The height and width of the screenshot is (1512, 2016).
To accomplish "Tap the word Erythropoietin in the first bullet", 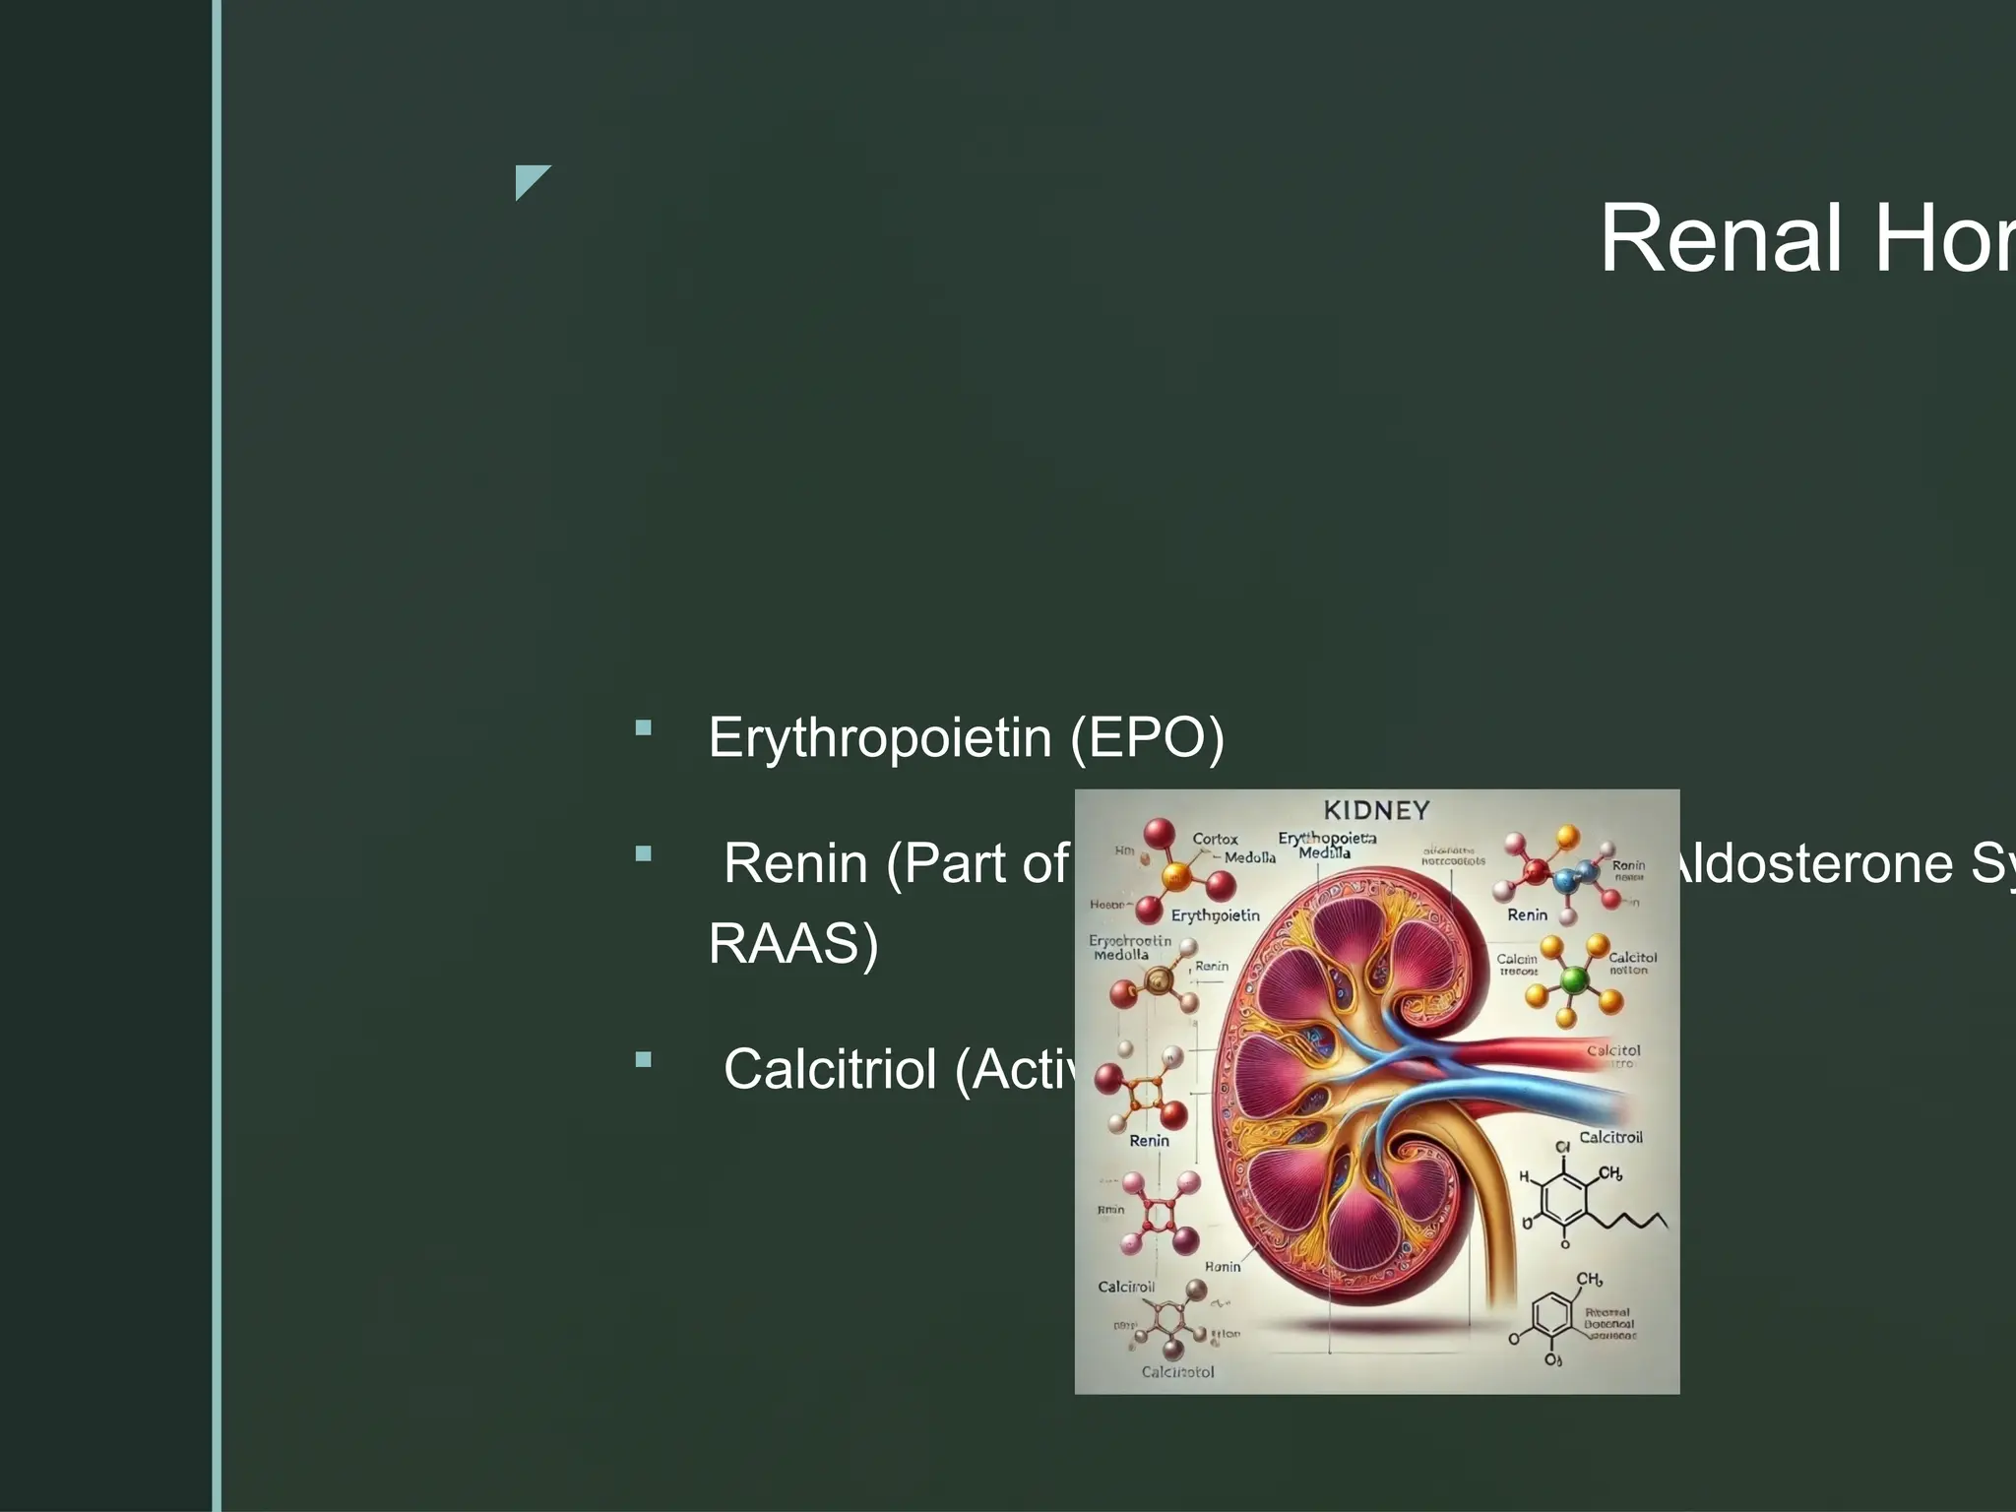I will [880, 737].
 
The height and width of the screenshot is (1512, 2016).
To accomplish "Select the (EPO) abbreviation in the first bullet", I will [1147, 737].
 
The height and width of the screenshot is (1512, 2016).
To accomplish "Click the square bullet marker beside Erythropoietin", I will [644, 728].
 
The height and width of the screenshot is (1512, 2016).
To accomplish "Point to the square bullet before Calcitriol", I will [644, 1060].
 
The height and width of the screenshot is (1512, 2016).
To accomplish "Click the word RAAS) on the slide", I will [793, 943].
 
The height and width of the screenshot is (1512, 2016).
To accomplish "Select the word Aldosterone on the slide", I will [1811, 864].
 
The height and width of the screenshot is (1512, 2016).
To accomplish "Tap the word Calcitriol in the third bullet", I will [830, 1069].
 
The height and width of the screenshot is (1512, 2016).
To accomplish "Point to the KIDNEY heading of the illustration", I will [1376, 810].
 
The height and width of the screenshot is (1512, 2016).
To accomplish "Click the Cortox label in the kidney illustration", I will [1215, 839].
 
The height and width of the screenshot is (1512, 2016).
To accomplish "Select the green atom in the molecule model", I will [1575, 978].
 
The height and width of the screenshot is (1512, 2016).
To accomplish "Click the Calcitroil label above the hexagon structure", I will [1610, 1137].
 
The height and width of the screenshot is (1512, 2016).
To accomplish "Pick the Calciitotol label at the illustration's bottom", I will [1177, 1371].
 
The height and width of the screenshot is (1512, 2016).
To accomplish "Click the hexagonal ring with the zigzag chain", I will [1564, 1196].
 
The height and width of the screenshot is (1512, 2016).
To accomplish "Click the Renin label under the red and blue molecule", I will [1527, 914].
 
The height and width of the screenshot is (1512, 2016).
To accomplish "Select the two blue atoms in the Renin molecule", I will [1574, 875].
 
